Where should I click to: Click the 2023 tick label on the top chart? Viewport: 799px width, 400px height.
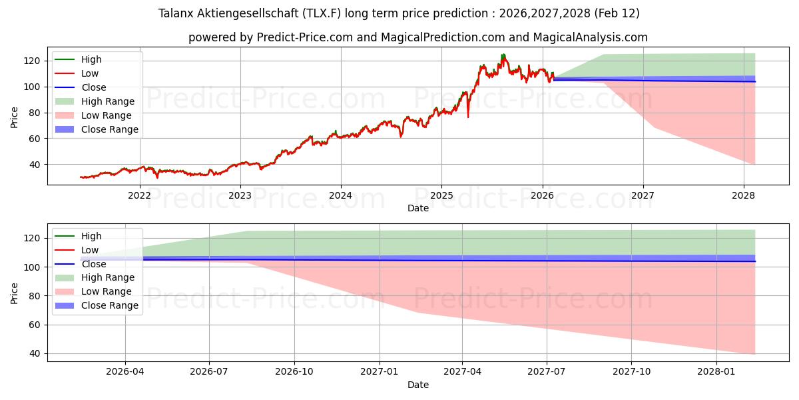(x=240, y=195)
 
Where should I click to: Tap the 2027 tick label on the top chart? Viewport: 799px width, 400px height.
(x=643, y=195)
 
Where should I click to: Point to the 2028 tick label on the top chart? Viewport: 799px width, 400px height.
(x=743, y=195)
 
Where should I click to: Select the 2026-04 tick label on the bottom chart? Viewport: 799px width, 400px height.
(x=125, y=372)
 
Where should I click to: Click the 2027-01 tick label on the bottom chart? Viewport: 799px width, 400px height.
(x=380, y=372)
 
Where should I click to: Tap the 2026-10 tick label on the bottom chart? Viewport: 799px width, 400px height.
(x=294, y=372)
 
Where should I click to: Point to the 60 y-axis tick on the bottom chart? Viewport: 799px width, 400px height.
(x=36, y=325)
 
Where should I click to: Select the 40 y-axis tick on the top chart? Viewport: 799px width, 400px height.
(x=36, y=165)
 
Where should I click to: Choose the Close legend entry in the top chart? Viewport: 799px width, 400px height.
(x=93, y=87)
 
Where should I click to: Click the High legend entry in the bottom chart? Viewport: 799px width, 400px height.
(x=91, y=236)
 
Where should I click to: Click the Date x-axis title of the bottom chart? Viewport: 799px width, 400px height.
(x=417, y=385)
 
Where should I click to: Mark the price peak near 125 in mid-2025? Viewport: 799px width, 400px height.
(x=503, y=55)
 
